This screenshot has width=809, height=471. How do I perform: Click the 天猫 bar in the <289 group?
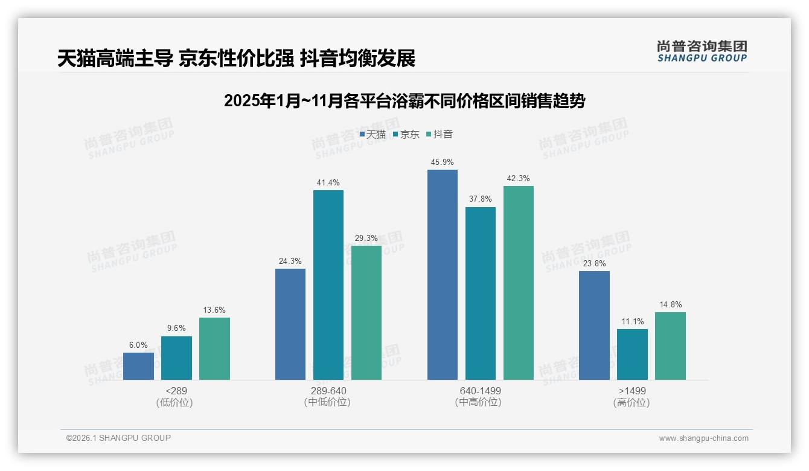(x=138, y=366)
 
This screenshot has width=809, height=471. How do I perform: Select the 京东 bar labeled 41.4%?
(x=328, y=285)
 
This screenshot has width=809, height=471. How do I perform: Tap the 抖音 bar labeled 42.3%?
(x=519, y=283)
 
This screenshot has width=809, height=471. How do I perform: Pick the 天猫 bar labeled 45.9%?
(x=443, y=275)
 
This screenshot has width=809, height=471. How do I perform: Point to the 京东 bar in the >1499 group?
(x=632, y=354)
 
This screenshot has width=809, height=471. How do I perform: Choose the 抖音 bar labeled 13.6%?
(x=214, y=348)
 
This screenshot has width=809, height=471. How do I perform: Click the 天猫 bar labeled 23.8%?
(x=594, y=325)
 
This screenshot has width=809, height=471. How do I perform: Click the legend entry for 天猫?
(x=373, y=134)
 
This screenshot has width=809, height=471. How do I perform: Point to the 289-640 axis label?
(x=328, y=391)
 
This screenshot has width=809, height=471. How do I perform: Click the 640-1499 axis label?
(x=480, y=391)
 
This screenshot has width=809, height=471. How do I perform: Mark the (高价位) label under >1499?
(x=632, y=402)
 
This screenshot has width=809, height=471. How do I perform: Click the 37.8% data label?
(x=480, y=199)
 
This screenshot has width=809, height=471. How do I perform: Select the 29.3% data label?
(x=366, y=238)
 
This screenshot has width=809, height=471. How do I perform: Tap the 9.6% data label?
(x=176, y=328)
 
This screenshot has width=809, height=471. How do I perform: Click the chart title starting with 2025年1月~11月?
(x=405, y=101)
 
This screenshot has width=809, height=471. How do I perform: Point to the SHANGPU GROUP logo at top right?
(x=702, y=51)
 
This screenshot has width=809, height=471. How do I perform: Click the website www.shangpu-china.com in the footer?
(x=703, y=438)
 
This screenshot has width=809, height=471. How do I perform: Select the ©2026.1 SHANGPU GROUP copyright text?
(x=118, y=438)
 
